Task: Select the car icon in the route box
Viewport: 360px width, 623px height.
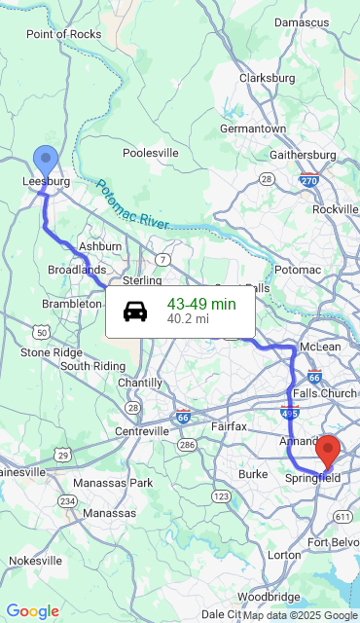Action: (x=135, y=311)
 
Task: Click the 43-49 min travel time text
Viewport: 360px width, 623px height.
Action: (x=201, y=304)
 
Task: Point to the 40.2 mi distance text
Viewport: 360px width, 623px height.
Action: (x=188, y=318)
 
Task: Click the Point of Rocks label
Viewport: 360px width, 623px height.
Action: (x=63, y=34)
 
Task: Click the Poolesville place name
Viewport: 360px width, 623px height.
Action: (x=151, y=153)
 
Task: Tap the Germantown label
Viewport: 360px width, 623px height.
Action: (x=253, y=128)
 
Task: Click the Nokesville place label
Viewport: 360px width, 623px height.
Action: (x=36, y=561)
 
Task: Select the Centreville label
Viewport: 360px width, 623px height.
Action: (x=142, y=430)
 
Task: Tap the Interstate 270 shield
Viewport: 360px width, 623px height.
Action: (x=309, y=180)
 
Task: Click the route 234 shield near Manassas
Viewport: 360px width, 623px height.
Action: (x=67, y=500)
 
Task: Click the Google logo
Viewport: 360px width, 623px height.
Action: (x=32, y=611)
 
